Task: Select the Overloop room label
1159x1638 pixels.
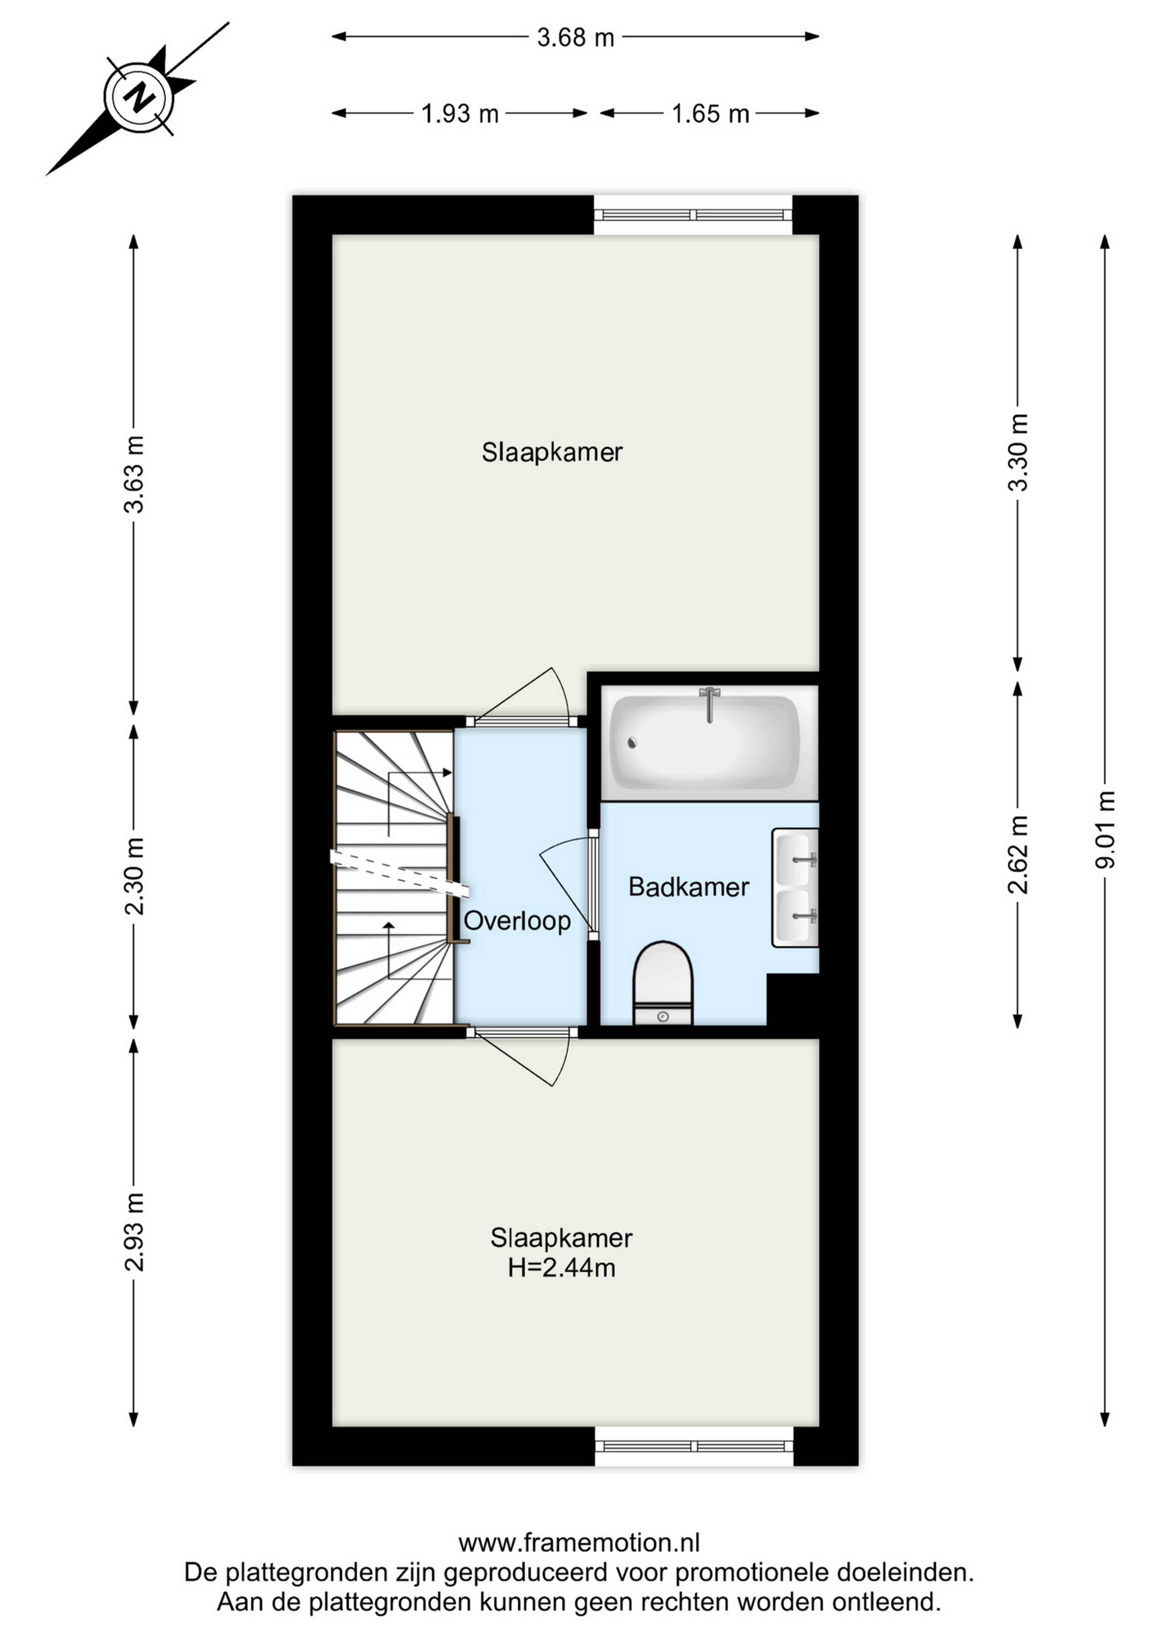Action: [x=517, y=921]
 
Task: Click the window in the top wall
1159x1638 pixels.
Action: [x=694, y=215]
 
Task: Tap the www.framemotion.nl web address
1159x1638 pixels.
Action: [x=579, y=1543]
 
